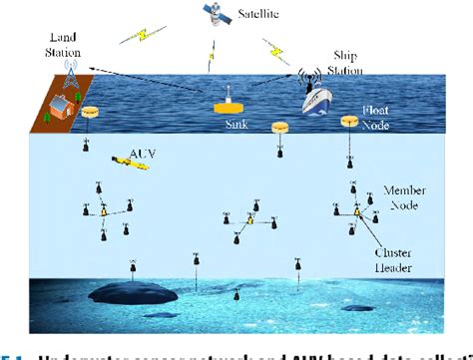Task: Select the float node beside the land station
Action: pyautogui.click(x=93, y=115)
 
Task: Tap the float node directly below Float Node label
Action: pyautogui.click(x=349, y=122)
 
